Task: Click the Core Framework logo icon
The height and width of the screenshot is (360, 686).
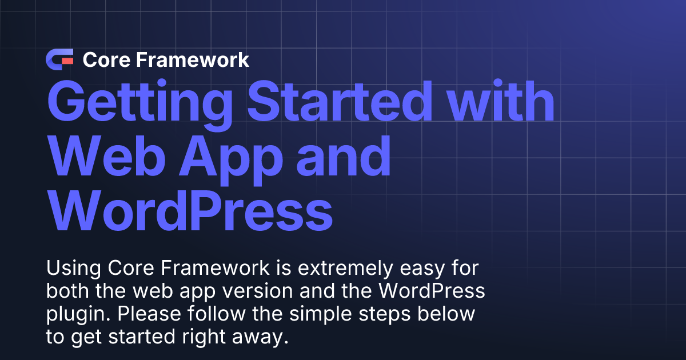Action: tap(60, 59)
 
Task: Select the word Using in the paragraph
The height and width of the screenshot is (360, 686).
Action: tap(66, 267)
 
